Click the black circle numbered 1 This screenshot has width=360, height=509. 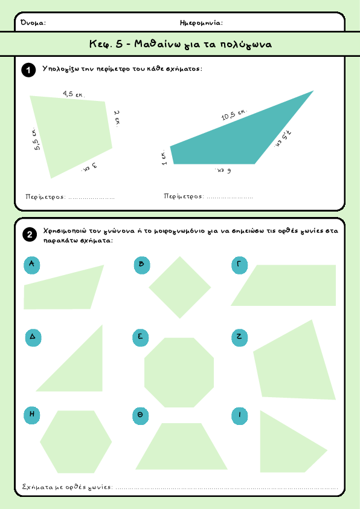[28, 70]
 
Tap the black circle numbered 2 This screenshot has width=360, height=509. [30, 235]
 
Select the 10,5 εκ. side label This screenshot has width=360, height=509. [234, 114]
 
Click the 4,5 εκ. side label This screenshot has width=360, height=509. [74, 94]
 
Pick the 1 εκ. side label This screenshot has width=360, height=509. [164, 158]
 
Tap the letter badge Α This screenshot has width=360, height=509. [32, 265]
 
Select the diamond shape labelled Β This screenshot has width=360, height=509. [179, 287]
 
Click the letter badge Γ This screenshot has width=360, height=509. [239, 265]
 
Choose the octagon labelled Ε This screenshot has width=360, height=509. [179, 372]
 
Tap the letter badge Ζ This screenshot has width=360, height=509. [240, 337]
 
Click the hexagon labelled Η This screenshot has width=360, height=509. [76, 442]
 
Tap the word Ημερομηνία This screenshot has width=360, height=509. [201, 23]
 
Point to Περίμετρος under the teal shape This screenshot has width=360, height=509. [184, 196]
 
